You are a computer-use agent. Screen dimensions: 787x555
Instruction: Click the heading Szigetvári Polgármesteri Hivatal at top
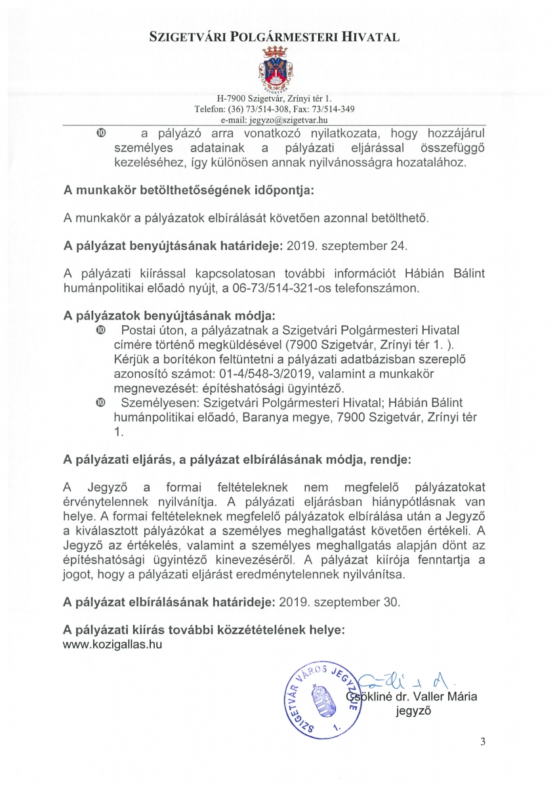click(x=275, y=37)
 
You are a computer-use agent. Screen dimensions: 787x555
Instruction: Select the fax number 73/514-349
click(x=332, y=109)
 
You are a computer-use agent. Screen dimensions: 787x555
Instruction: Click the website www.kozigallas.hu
click(x=112, y=644)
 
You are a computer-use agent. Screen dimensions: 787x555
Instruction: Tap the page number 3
click(x=483, y=742)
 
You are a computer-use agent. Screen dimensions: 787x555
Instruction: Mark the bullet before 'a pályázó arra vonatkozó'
click(x=100, y=133)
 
